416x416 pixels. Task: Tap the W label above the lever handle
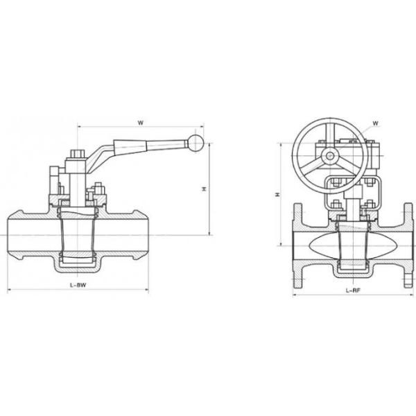click(140, 123)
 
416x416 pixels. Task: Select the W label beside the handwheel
click(375, 123)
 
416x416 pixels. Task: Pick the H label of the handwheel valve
click(278, 196)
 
